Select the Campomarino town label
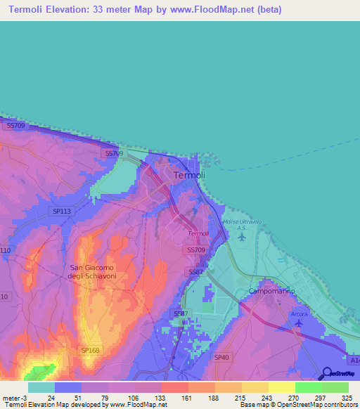tap(271, 291)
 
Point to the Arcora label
tap(299, 313)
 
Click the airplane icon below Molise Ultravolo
tap(242, 236)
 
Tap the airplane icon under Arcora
tap(299, 324)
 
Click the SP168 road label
tap(90, 350)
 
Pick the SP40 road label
tap(221, 358)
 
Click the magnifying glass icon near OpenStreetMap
tap(326, 374)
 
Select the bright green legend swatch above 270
tap(308, 387)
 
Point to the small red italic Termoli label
tap(198, 233)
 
